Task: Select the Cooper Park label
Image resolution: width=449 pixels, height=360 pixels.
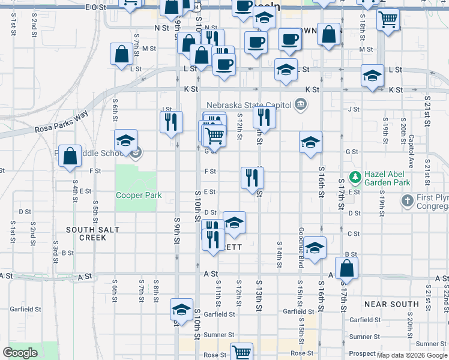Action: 139,195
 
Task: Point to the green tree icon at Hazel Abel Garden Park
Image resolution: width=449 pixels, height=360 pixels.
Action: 355,176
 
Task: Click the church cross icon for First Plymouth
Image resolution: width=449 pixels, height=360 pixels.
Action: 408,200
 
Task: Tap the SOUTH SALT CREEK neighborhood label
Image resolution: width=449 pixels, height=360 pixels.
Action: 93,233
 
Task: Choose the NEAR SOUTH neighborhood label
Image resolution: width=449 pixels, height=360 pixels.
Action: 391,304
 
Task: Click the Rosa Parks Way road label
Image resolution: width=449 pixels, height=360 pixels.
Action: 61,124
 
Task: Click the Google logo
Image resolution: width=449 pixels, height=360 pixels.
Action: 20,353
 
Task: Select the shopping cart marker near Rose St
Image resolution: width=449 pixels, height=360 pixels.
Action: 241,352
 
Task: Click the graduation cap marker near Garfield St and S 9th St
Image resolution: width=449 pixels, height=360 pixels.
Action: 181,310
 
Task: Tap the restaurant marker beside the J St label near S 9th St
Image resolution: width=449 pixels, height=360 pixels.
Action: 171,122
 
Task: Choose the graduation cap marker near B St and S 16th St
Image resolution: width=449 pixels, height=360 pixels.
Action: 315,247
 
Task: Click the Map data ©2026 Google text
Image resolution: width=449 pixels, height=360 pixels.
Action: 412,355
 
